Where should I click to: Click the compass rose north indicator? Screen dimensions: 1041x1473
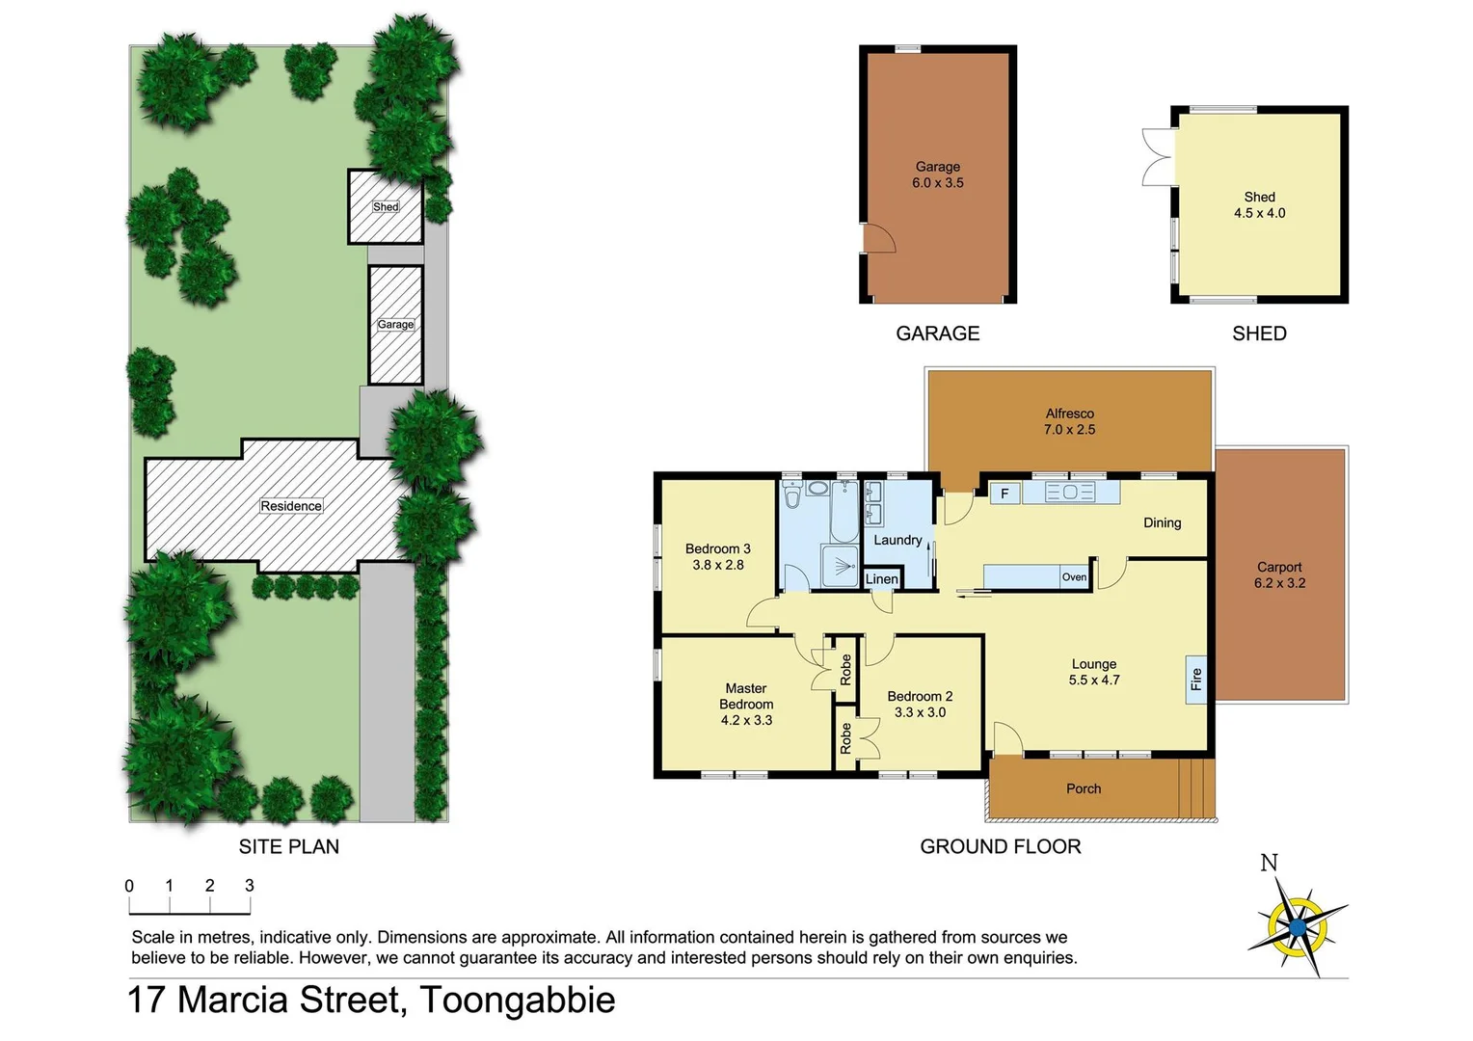click(1269, 863)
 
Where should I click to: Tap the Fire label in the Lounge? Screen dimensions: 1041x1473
click(1196, 680)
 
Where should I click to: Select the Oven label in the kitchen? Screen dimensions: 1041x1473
click(1074, 577)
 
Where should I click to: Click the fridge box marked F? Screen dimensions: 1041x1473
click(1004, 494)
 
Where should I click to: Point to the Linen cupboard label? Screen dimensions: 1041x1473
click(881, 578)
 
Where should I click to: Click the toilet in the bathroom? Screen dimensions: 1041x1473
click(792, 495)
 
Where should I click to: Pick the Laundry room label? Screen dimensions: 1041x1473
click(897, 540)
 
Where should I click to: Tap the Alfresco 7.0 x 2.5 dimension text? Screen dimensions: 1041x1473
click(1069, 430)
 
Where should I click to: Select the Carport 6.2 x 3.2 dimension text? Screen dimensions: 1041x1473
click(1279, 583)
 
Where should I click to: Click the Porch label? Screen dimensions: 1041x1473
click(1084, 788)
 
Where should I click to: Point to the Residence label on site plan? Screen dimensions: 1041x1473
click(291, 506)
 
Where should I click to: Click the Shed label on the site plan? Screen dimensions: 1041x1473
click(386, 207)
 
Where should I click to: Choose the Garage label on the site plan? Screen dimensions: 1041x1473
click(395, 325)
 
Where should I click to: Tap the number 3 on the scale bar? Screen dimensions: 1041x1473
click(250, 886)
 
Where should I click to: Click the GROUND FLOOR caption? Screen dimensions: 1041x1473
click(1000, 846)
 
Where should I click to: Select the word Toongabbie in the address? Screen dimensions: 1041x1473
click(518, 1000)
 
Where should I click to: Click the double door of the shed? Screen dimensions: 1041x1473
click(1156, 156)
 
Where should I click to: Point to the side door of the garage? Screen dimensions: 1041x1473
click(877, 237)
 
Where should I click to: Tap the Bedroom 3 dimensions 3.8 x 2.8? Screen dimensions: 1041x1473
click(718, 565)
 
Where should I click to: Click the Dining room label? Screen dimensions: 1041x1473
click(1162, 522)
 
